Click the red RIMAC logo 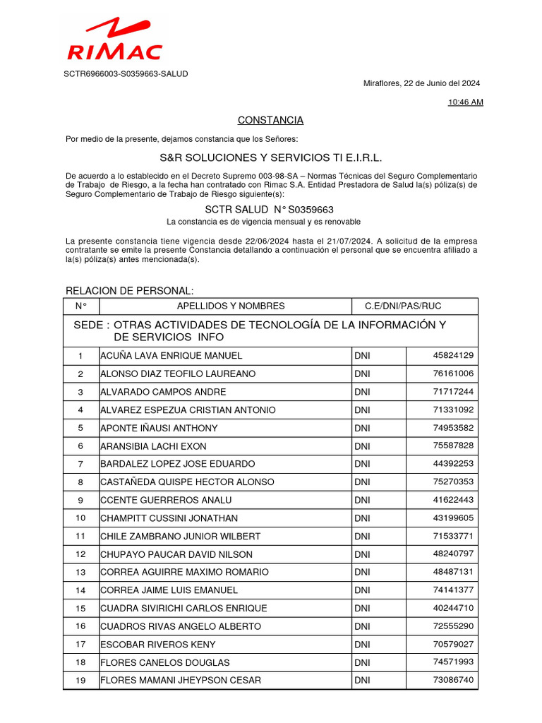tap(114, 40)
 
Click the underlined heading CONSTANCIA tap(270, 120)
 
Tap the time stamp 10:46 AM tap(466, 102)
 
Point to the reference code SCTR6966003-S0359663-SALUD tap(126, 73)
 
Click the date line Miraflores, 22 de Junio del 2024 tap(422, 83)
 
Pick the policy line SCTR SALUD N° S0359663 tap(269, 210)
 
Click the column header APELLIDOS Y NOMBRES tap(231, 306)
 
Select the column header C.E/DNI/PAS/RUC tap(402, 306)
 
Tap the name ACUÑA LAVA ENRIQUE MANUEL tap(171, 356)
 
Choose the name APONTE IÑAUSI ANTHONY tap(159, 428)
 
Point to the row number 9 tap(80, 500)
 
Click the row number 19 tap(80, 680)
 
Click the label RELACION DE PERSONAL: tap(129, 291)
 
